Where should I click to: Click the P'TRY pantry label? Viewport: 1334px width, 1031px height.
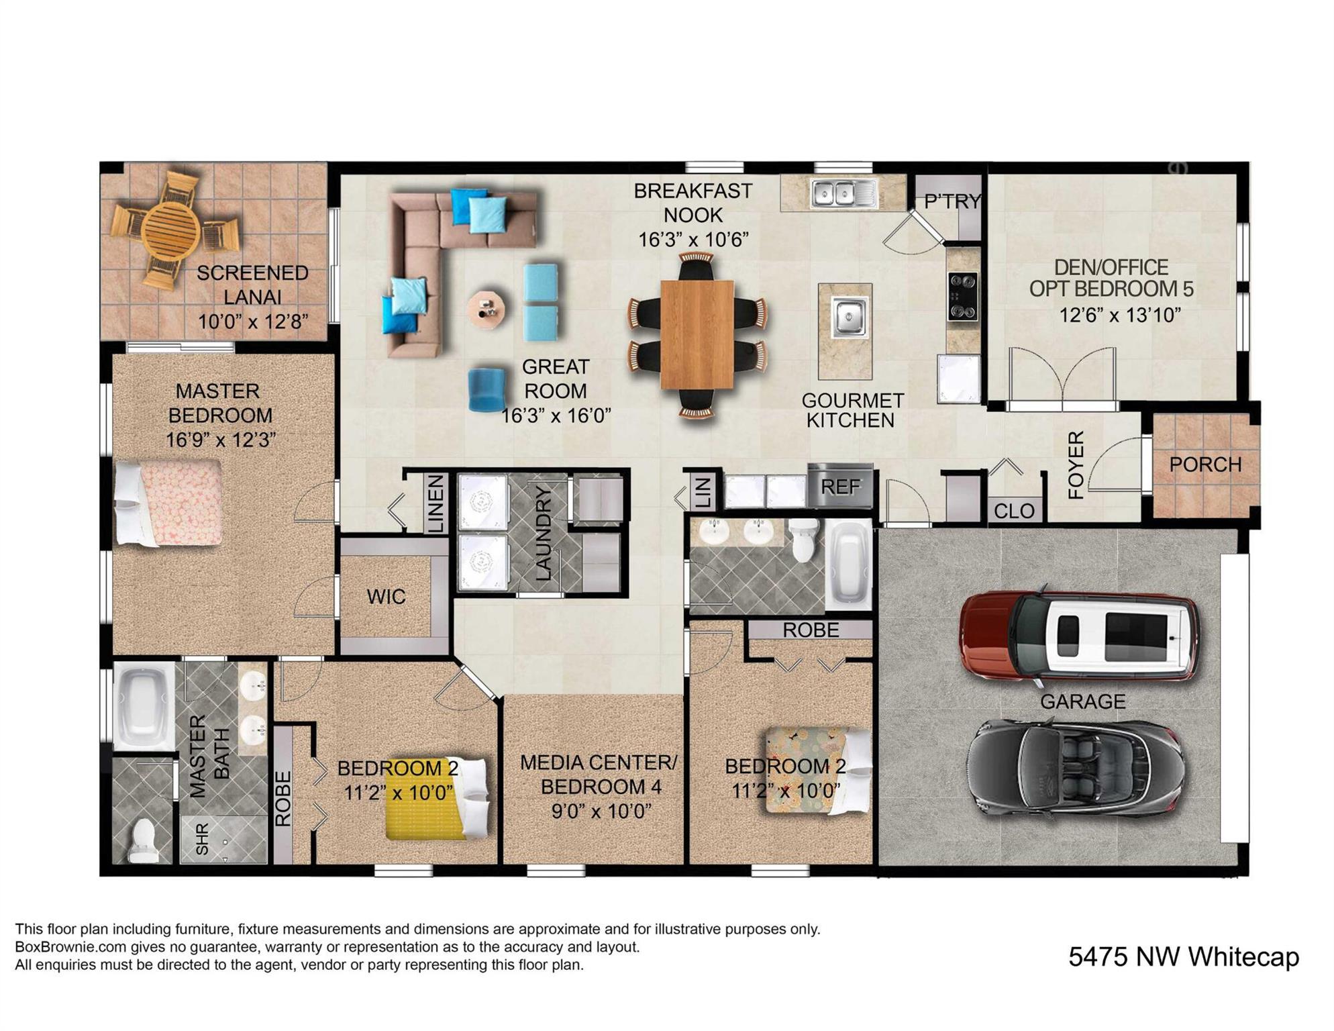[x=952, y=201]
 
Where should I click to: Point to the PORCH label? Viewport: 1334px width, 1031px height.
[x=1205, y=464]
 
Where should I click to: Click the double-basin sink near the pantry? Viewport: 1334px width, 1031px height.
[x=843, y=193]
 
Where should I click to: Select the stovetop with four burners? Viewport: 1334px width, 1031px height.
[x=962, y=296]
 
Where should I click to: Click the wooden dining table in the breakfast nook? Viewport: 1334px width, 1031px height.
[x=697, y=334]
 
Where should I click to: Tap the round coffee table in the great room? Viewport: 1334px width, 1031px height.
[x=486, y=309]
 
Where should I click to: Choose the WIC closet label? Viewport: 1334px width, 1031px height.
[x=386, y=597]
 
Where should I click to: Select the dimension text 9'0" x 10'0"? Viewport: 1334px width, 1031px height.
[x=601, y=812]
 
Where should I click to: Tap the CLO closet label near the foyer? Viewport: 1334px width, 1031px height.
[x=1014, y=511]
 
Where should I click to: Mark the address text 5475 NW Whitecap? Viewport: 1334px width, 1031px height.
[x=1183, y=956]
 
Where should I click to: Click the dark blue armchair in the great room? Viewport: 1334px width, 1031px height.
[x=486, y=389]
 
